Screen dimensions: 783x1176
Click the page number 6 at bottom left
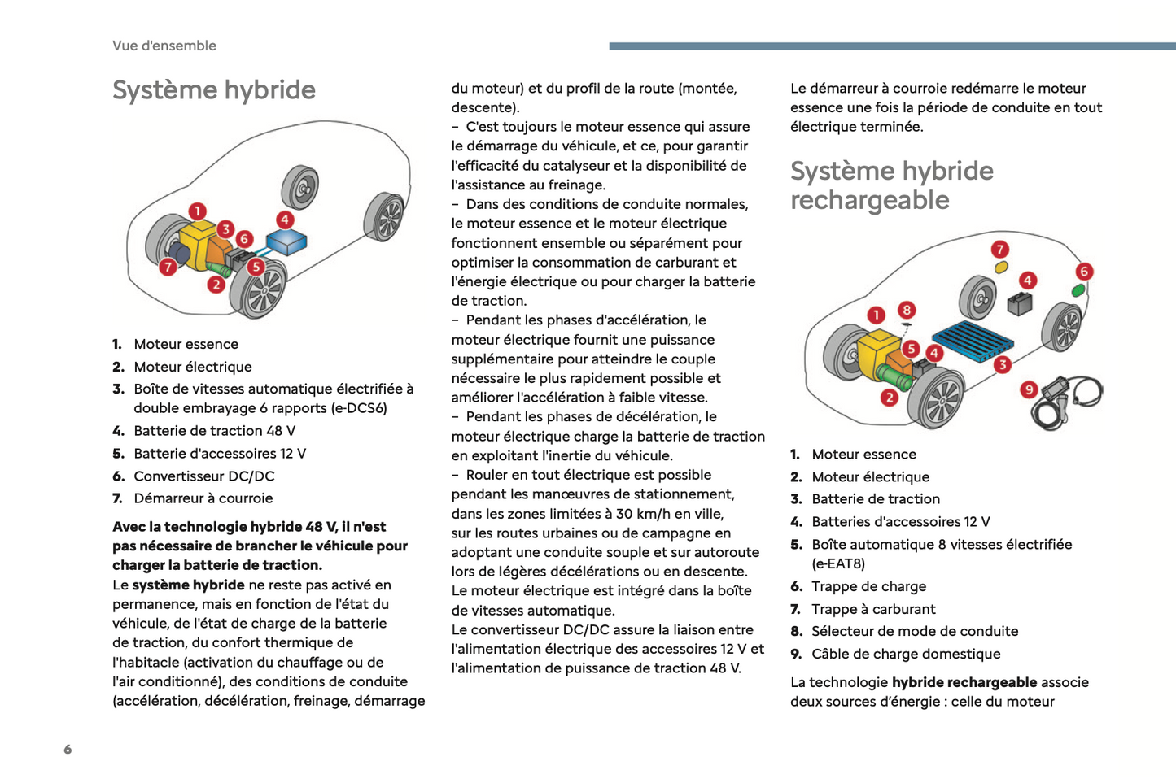(x=68, y=750)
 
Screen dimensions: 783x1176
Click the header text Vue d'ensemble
(x=164, y=46)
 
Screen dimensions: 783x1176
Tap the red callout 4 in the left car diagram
(x=284, y=220)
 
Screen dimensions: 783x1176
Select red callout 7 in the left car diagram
(x=168, y=267)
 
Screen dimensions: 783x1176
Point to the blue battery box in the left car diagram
(x=286, y=241)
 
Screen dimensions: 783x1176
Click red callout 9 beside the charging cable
(x=1029, y=389)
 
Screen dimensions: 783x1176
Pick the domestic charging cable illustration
(x=1069, y=401)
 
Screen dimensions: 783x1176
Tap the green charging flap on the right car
(x=1078, y=289)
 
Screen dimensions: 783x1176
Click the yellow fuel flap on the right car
(x=1001, y=267)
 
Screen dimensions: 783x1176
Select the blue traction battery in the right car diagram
(x=973, y=340)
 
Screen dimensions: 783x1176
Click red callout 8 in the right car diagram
(x=907, y=310)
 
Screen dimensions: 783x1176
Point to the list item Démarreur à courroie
(x=203, y=498)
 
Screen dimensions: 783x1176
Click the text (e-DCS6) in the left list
(x=359, y=408)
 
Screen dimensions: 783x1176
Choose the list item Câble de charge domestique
(x=906, y=654)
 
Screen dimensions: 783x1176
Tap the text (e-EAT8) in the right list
(x=838, y=563)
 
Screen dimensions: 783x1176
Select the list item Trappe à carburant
(x=873, y=609)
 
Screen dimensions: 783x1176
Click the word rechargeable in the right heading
(x=869, y=200)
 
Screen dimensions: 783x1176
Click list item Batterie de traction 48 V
(x=214, y=431)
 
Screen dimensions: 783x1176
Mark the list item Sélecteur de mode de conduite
(x=915, y=631)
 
